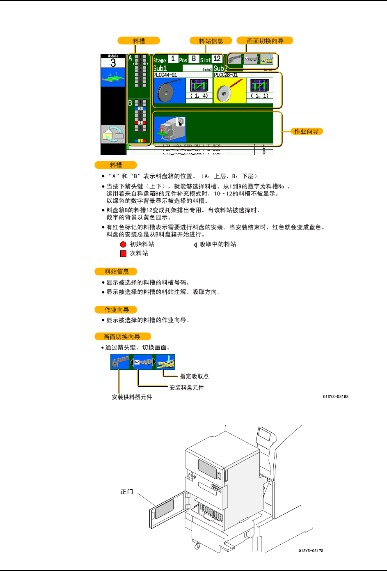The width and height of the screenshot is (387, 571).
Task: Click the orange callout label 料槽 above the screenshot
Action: [139, 41]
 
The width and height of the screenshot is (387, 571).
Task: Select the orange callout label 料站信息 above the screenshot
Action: [211, 41]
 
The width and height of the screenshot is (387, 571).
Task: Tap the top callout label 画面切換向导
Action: [265, 41]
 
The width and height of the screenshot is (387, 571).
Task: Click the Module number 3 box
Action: [113, 63]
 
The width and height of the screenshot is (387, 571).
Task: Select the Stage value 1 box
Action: [173, 59]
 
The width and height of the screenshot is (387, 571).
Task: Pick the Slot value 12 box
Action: [217, 59]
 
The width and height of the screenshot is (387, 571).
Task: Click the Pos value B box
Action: [194, 59]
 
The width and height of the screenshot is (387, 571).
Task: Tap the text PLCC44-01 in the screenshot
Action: [165, 75]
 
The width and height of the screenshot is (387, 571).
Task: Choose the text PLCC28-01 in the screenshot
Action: [226, 75]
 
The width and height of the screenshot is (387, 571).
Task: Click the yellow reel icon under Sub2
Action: [229, 91]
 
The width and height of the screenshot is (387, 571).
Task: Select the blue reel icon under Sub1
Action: [169, 91]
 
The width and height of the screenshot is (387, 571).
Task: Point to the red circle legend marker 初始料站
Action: [123, 244]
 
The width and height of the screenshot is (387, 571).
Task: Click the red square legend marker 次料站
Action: [123, 254]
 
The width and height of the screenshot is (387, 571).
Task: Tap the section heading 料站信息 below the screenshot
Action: [116, 271]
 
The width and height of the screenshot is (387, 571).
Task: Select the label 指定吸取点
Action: [194, 376]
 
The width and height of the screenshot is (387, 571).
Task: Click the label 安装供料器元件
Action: [132, 397]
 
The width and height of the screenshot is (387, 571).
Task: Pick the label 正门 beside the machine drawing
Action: [127, 492]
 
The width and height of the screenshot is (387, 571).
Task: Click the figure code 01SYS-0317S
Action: [311, 550]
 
